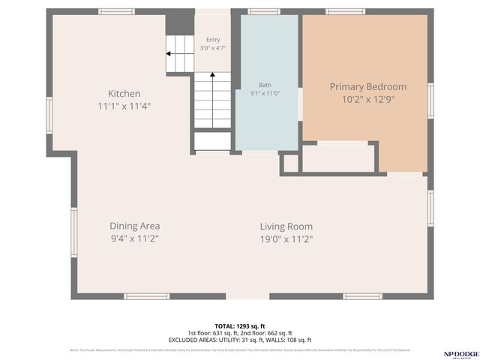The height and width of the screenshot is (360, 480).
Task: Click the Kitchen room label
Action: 124,94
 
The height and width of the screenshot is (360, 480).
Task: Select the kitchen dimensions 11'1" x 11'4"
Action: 124,106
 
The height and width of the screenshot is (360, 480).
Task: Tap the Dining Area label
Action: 135,226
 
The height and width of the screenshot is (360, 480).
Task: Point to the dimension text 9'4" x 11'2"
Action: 135,239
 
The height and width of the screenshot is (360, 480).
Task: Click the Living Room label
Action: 286,226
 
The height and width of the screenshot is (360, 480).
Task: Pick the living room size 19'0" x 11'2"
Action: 286,239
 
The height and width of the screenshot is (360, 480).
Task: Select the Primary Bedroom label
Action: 368,87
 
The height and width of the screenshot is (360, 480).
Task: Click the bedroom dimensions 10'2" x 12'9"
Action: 368,99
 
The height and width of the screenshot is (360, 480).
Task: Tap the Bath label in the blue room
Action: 265,85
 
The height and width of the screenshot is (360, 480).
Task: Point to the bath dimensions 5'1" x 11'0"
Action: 265,94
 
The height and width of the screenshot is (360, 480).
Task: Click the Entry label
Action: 213,40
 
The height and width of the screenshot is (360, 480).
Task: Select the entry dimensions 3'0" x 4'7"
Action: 213,48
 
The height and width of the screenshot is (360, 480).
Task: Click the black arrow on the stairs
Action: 170,54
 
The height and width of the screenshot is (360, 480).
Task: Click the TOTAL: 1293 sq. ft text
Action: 239,325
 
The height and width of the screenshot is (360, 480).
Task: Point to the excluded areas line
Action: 239,340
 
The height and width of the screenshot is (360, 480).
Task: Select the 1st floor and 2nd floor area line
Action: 239,333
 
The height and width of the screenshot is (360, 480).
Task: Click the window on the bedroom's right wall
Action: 430,101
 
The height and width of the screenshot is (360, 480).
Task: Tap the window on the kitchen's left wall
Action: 49,115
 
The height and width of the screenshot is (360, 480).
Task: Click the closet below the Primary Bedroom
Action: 337,158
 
